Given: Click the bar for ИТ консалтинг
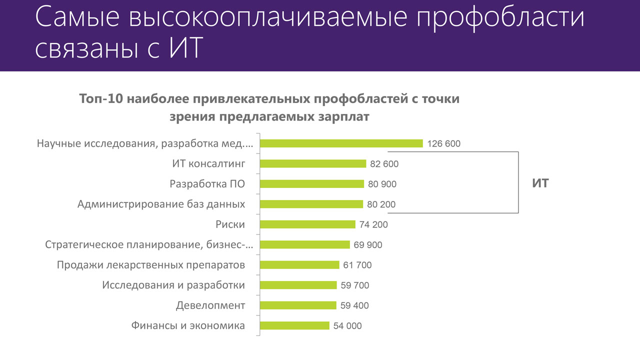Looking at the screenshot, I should click(x=313, y=163).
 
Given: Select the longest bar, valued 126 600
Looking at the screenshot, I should click(x=341, y=143).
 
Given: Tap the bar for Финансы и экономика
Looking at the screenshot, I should click(x=295, y=325).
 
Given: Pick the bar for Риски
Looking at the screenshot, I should click(x=308, y=224).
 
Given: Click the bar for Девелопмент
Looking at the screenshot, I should click(x=298, y=305).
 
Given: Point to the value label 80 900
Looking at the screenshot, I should click(x=382, y=184).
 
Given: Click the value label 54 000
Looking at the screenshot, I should click(x=347, y=326).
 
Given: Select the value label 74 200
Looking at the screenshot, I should click(x=373, y=224).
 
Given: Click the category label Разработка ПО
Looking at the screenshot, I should click(x=207, y=184).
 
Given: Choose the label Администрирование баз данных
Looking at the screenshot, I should click(x=161, y=204).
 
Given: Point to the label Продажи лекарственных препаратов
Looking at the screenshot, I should click(x=151, y=265).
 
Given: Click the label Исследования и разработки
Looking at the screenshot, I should click(x=173, y=285).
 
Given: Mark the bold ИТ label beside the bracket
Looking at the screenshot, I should click(x=540, y=183).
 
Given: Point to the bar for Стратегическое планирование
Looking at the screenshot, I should click(x=305, y=244).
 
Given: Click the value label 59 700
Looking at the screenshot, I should click(x=355, y=285).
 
